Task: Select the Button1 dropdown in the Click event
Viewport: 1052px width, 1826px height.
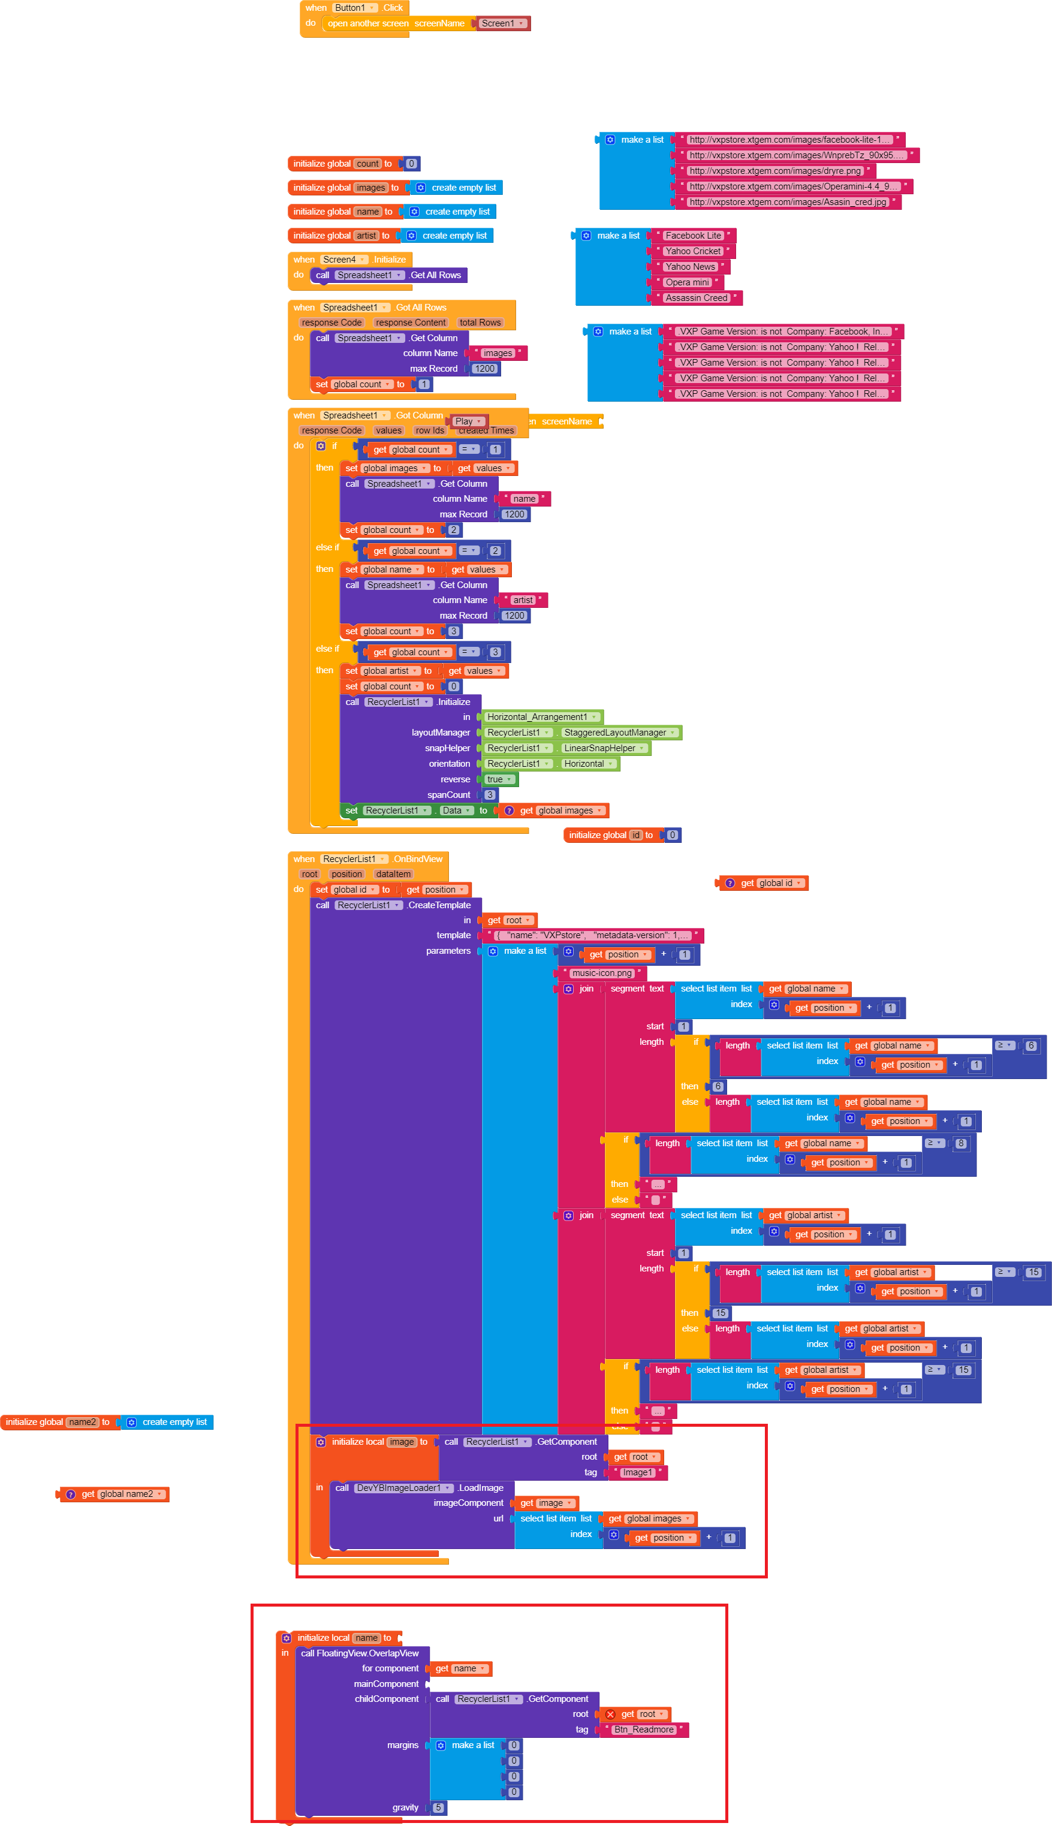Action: click(354, 8)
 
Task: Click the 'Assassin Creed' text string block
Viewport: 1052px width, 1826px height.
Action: click(696, 298)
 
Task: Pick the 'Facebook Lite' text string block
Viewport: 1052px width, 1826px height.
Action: click(693, 236)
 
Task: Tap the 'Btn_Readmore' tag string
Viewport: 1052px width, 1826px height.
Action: click(644, 1729)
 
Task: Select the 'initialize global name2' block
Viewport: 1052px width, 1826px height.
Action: click(57, 1422)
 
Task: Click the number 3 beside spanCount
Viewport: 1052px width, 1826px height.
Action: click(490, 795)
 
